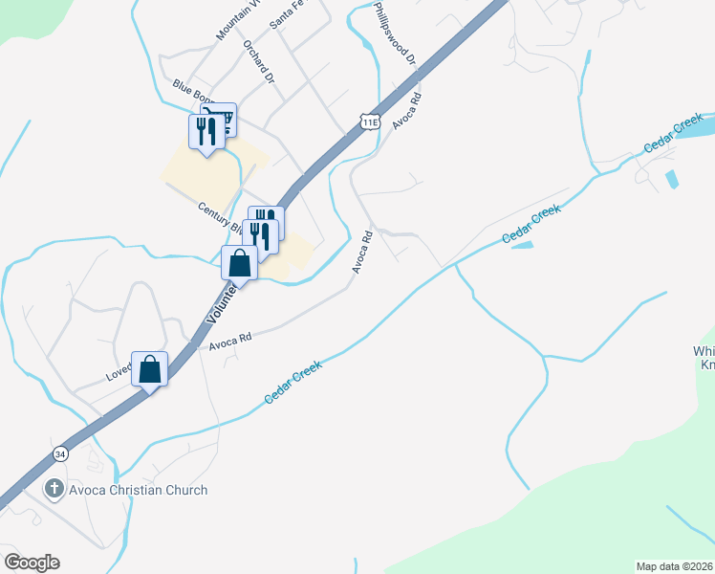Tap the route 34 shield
62,453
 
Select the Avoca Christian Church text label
139,491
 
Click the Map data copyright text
674,566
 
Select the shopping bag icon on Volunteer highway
239,263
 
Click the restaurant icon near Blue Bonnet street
206,131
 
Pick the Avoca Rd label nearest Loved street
230,339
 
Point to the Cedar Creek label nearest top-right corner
674,133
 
